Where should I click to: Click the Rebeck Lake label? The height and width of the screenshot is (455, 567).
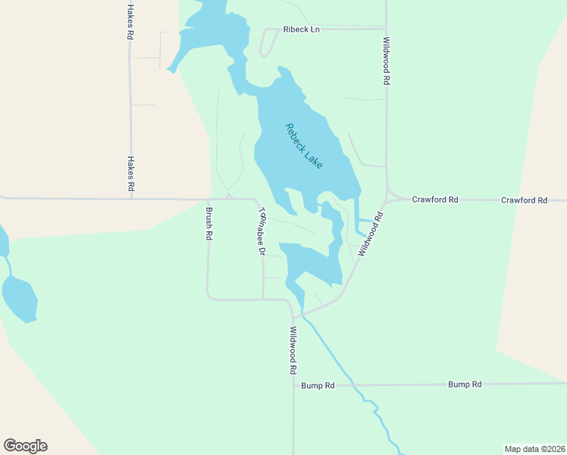[304, 146]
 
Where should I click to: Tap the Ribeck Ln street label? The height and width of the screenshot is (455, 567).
[302, 30]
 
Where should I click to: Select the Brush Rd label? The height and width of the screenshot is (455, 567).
[209, 224]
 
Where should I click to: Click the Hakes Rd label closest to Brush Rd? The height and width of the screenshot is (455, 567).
[130, 174]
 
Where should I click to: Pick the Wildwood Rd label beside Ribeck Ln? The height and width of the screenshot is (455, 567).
[387, 60]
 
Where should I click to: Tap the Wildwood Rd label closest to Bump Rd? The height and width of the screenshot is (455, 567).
[293, 350]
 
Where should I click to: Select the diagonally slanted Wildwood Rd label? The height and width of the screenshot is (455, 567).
[371, 234]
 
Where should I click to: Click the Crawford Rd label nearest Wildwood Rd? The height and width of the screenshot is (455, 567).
[435, 199]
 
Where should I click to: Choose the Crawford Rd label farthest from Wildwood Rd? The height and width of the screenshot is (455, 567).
[524, 200]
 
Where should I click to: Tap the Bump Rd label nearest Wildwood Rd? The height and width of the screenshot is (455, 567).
[318, 385]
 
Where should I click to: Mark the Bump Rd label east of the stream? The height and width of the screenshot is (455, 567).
[465, 384]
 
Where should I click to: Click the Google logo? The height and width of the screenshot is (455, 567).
[25, 446]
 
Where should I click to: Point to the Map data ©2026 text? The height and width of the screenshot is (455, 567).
[534, 448]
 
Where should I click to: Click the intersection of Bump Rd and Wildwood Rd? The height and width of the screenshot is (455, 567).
[293, 385]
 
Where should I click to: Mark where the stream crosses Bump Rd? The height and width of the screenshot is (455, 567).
[352, 385]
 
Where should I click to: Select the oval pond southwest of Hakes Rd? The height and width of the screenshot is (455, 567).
[20, 299]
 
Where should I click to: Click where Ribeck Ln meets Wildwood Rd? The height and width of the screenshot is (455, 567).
[387, 30]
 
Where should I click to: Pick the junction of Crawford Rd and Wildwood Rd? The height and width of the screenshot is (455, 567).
[387, 200]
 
